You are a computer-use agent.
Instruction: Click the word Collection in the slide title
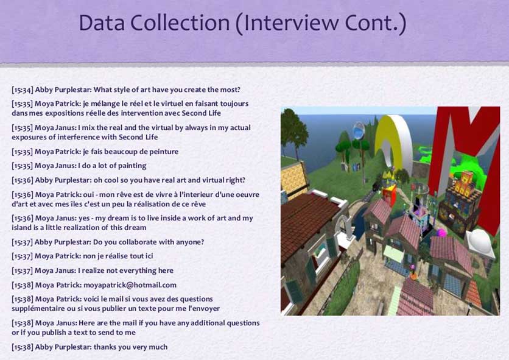pos(180,23)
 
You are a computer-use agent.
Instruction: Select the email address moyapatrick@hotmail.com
pos(130,285)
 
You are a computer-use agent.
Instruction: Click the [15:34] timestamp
pos(22,90)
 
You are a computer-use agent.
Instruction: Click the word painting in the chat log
pos(132,166)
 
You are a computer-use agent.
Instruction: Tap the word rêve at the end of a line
pos(198,204)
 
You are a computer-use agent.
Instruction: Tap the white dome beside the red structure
pos(480,241)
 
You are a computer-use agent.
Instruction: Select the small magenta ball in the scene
pos(441,233)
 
